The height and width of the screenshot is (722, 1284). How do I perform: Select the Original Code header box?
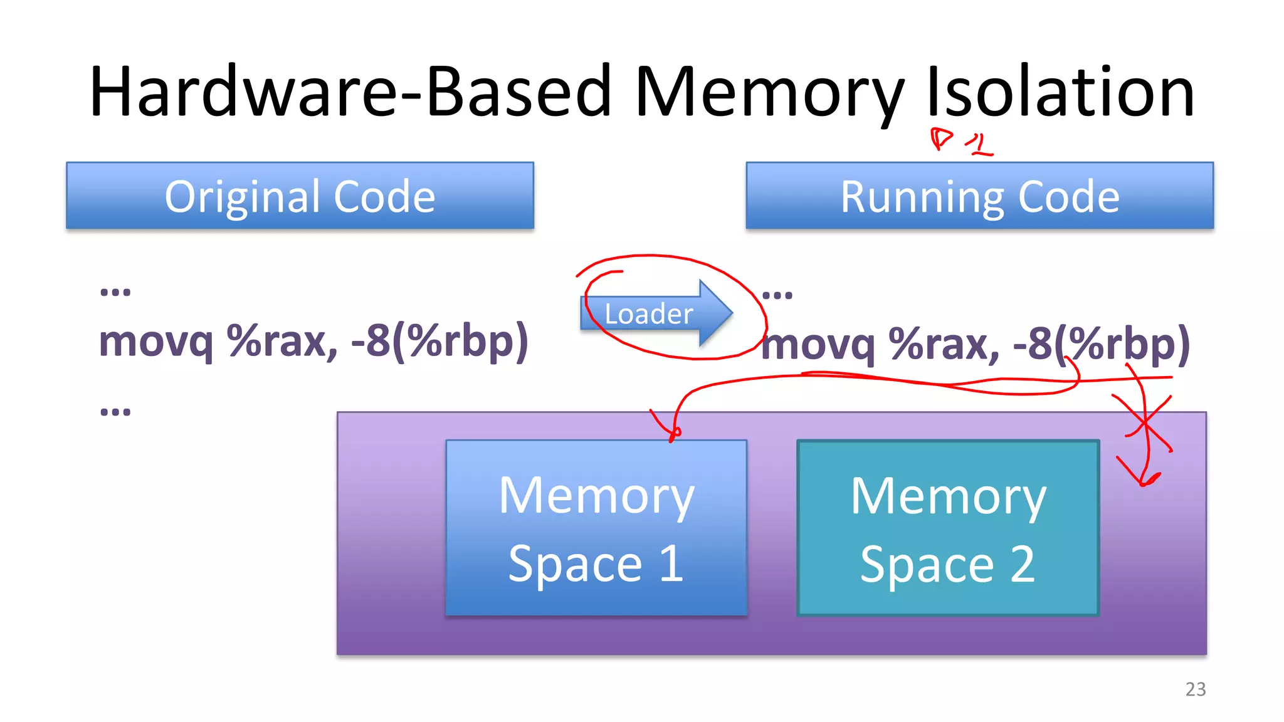point(300,196)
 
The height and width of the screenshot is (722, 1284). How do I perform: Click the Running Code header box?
point(979,196)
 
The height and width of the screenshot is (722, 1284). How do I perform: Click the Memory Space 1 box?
point(596,528)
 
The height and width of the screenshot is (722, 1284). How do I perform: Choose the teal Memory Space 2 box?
point(947,528)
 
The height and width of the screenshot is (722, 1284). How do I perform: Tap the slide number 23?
point(1195,689)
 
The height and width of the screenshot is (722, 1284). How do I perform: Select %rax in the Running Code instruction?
point(944,344)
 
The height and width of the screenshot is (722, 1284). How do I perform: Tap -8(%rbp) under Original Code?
point(439,342)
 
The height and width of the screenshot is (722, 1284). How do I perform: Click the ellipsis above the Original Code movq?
point(115,291)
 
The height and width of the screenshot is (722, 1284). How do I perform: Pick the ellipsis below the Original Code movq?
point(115,412)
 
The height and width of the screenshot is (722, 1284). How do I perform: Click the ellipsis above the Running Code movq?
point(777,295)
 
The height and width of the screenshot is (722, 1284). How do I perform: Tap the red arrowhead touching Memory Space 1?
point(672,433)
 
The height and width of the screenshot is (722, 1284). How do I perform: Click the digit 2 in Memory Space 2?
point(1023,564)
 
